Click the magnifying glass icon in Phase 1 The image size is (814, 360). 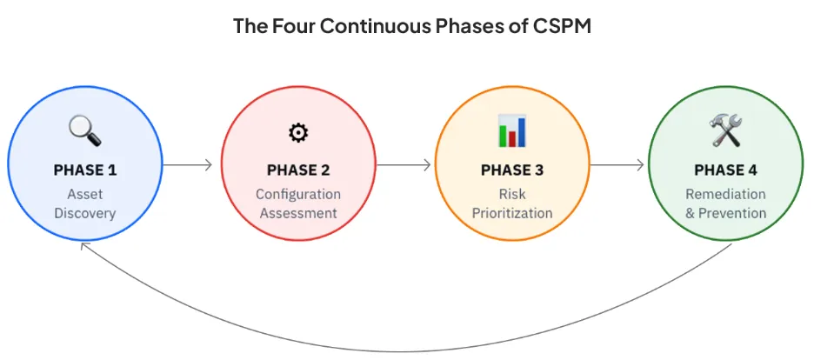(85, 130)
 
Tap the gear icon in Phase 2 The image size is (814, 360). (298, 133)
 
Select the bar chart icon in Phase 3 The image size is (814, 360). (512, 130)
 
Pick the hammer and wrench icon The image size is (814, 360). (726, 130)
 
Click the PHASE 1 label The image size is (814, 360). (85, 170)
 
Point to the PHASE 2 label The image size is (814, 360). (298, 170)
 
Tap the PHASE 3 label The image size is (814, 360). (512, 170)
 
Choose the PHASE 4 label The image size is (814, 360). (726, 170)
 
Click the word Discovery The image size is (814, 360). (85, 213)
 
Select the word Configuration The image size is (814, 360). (298, 195)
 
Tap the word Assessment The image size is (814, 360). (298, 213)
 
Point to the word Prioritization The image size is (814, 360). (512, 213)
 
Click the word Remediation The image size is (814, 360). (726, 194)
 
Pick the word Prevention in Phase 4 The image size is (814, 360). (732, 213)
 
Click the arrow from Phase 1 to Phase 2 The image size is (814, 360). (187, 165)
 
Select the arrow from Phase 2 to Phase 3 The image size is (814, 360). (404, 165)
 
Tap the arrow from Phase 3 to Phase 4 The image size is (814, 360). (617, 165)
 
